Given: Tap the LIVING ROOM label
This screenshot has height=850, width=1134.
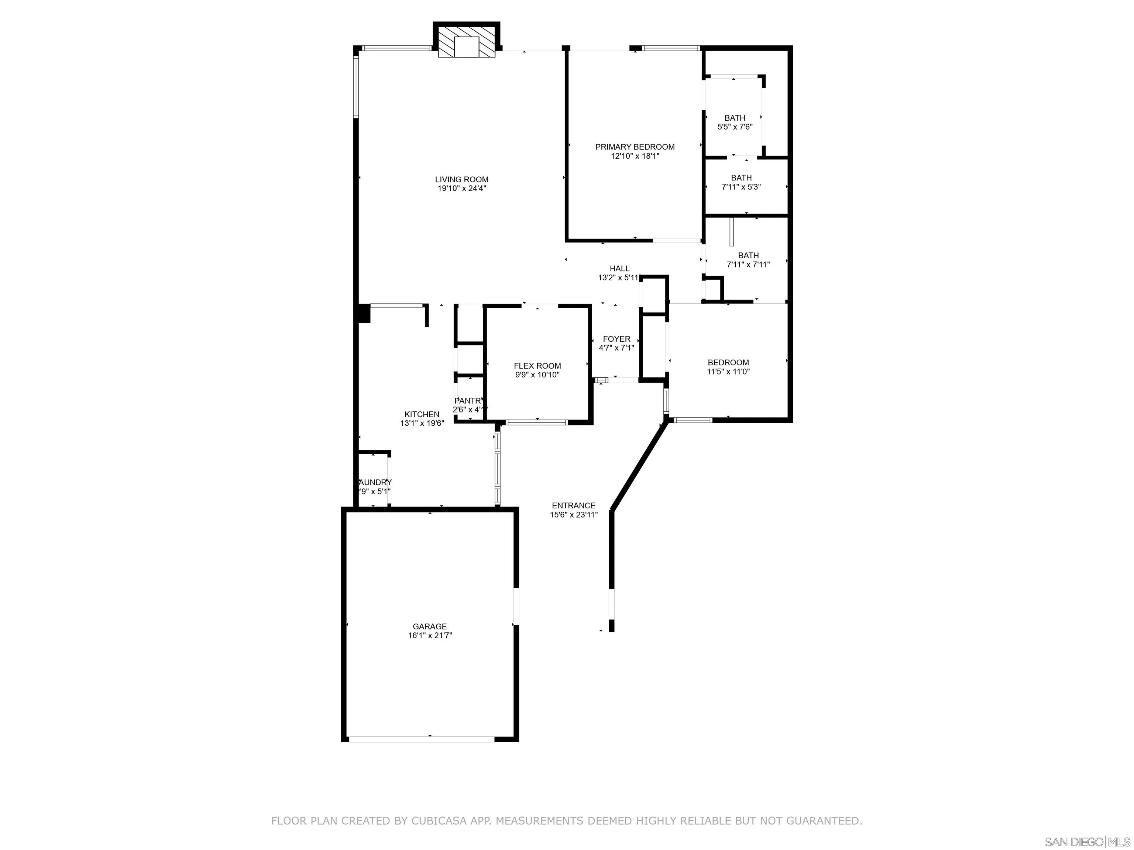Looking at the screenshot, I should pyautogui.click(x=461, y=179).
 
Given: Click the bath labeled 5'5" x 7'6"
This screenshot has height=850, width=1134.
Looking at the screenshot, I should pyautogui.click(x=735, y=122).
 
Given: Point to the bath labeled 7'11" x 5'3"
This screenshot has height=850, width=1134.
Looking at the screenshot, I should pyautogui.click(x=741, y=182).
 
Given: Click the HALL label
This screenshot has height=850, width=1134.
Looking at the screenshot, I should pyautogui.click(x=619, y=269).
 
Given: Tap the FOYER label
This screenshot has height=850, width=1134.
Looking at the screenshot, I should pyautogui.click(x=616, y=339).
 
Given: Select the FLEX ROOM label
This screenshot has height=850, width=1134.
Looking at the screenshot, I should pyautogui.click(x=537, y=366).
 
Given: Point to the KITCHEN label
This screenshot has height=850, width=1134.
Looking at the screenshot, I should pyautogui.click(x=422, y=415).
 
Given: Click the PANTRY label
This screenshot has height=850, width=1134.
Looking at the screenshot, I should pyautogui.click(x=468, y=401).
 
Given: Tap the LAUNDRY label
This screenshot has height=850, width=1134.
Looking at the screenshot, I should pyautogui.click(x=375, y=483).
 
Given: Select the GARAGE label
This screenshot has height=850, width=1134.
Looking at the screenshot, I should pyautogui.click(x=430, y=626).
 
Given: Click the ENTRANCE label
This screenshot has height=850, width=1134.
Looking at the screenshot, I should pyautogui.click(x=573, y=505).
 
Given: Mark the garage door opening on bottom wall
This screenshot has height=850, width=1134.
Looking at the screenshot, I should pyautogui.click(x=422, y=739).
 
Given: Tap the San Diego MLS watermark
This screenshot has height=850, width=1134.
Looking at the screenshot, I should pyautogui.click(x=1087, y=842).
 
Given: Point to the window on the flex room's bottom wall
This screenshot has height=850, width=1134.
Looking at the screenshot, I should pyautogui.click(x=537, y=422).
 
